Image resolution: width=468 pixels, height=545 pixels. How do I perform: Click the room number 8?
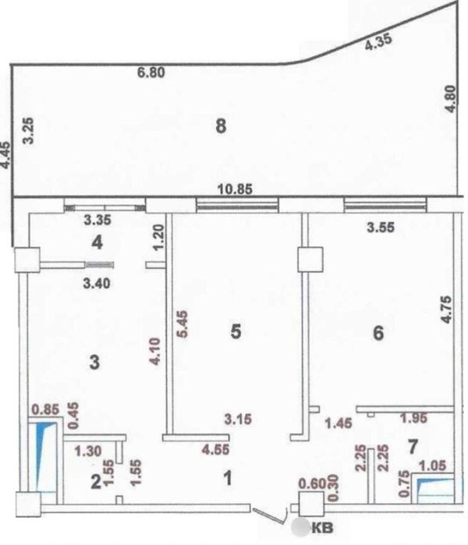tap(221, 126)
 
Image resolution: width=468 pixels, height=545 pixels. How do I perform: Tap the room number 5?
tap(236, 331)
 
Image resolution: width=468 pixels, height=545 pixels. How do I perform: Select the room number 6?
tap(378, 333)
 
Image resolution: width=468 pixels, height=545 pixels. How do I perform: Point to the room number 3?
tap(94, 363)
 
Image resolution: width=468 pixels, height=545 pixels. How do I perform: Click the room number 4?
tap(97, 242)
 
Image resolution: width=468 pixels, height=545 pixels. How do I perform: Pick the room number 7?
tap(413, 447)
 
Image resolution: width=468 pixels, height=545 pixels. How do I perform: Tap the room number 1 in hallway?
tap(228, 478)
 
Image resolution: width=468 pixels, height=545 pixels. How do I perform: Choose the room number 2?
tap(96, 482)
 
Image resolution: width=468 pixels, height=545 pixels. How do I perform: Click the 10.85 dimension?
tap(235, 189)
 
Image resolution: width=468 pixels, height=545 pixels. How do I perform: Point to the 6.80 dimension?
tap(151, 73)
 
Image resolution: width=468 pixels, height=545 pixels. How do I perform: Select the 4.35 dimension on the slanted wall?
tap(378, 41)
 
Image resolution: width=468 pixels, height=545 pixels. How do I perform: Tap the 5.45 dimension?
tap(183, 324)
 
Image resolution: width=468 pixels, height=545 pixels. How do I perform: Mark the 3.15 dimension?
tap(238, 419)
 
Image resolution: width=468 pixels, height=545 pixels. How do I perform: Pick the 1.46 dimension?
tap(339, 423)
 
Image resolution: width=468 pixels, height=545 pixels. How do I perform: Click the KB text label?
tap(323, 528)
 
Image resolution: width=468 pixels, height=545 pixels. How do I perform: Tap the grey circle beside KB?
tap(300, 527)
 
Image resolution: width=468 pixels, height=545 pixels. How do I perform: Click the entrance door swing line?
tap(270, 515)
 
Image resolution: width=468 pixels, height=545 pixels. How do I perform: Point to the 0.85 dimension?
tap(45, 409)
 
